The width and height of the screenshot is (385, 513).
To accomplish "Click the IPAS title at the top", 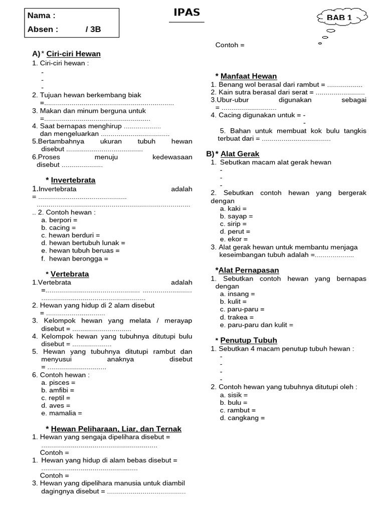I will pos(186,13).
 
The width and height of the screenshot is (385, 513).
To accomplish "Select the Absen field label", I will pos(43,29).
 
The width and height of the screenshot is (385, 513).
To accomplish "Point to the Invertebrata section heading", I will pos(73,180).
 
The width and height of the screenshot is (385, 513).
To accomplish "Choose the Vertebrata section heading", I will pos(70,274).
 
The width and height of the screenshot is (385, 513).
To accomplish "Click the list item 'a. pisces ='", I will pos(58,383).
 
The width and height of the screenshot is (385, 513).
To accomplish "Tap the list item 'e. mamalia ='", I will pos(61,413).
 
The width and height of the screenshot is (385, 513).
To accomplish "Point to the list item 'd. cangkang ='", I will pos(242,418).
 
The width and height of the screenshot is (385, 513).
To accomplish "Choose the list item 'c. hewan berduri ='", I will pos(71,235).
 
